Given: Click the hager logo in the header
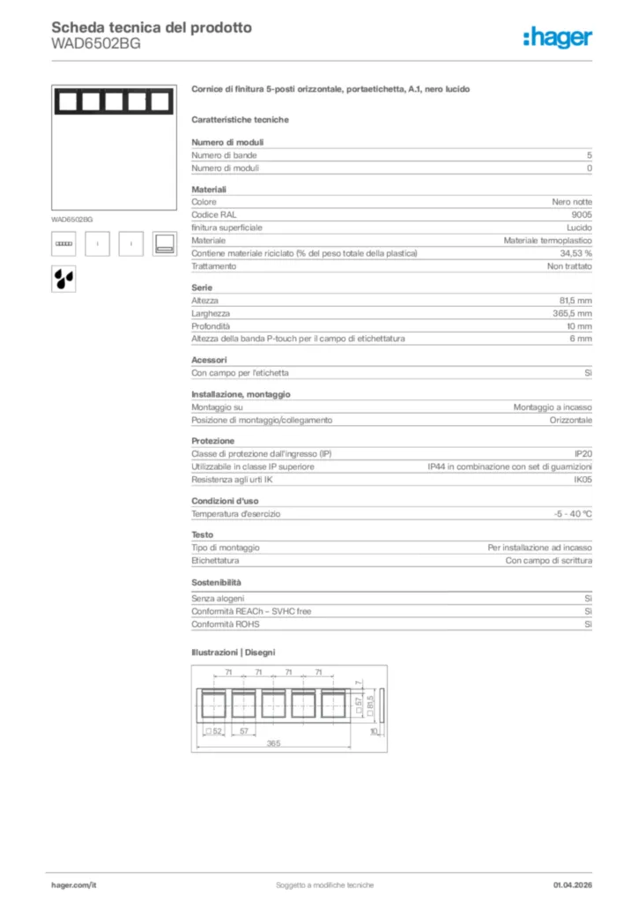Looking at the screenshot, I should coord(557,37).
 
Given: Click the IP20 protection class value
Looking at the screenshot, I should coord(582,453).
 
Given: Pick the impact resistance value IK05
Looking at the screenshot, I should coord(582,480).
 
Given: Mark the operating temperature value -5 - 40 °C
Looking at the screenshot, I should coord(567,513).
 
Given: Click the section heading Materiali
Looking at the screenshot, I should coord(209,190).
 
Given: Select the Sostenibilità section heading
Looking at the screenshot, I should coord(216,583).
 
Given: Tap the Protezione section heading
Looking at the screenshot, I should coord(213,441).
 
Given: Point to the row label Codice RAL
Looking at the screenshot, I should coord(214,214).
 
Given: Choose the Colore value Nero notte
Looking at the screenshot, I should coord(572,202).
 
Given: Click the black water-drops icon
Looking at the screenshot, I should coord(63,278).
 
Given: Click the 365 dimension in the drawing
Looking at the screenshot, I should coord(274,743).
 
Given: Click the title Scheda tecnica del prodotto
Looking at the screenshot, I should coord(152,27).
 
